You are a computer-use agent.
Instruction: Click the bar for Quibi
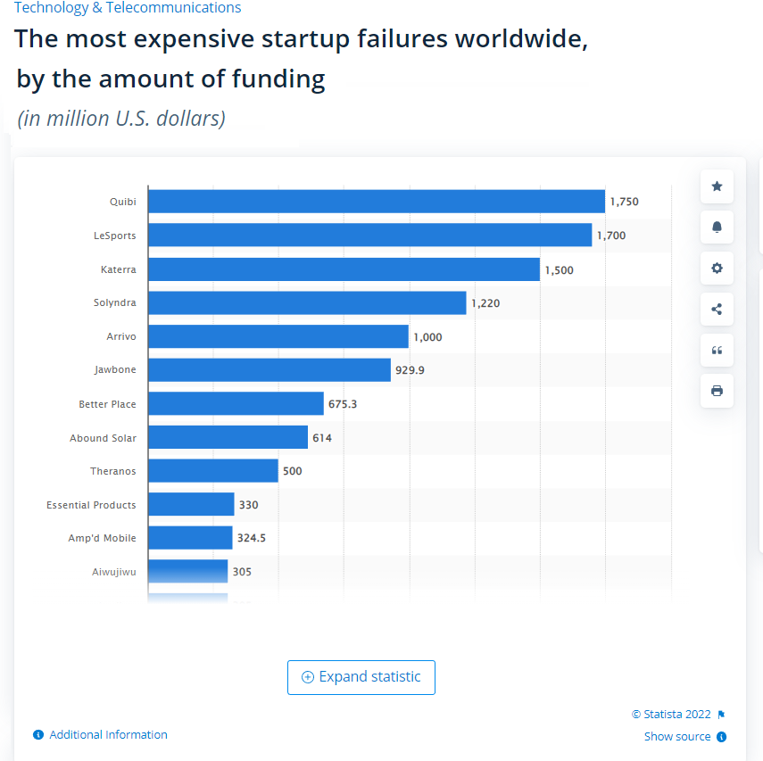(x=376, y=202)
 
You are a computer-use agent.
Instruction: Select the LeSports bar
(x=369, y=236)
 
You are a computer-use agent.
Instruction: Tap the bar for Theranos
(x=212, y=471)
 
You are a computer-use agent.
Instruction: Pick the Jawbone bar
(x=269, y=369)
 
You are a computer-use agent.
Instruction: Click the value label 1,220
(x=485, y=303)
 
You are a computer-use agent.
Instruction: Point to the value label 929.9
(x=410, y=369)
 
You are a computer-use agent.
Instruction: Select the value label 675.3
(x=343, y=404)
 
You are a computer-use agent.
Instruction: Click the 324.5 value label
(x=252, y=539)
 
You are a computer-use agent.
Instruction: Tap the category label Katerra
(x=118, y=269)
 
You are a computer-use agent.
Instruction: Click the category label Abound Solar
(x=103, y=438)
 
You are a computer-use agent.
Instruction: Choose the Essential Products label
(x=91, y=505)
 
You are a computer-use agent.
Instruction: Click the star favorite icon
(x=717, y=186)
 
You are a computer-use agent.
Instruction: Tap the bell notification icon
(x=717, y=227)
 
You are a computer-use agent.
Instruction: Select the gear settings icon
(x=717, y=269)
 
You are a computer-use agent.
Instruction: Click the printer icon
(x=717, y=391)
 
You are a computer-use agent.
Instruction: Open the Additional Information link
(x=108, y=735)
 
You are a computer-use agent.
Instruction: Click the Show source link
(x=677, y=737)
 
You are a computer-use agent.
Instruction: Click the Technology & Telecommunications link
(x=127, y=8)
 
